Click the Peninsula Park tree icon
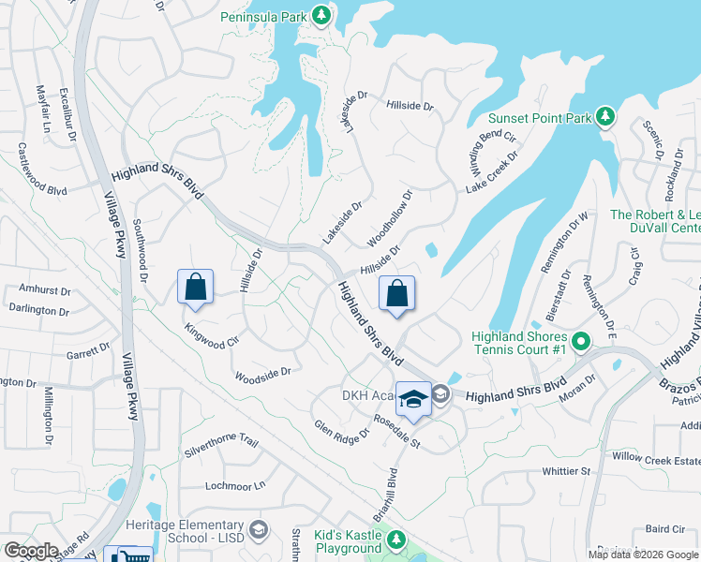(x=321, y=15)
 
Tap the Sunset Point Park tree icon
(x=606, y=116)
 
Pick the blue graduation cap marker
(x=413, y=399)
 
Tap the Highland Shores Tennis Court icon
(x=581, y=343)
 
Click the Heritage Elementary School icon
(x=259, y=531)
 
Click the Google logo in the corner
(x=30, y=551)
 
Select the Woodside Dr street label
(x=262, y=372)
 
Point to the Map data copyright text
(x=643, y=555)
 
